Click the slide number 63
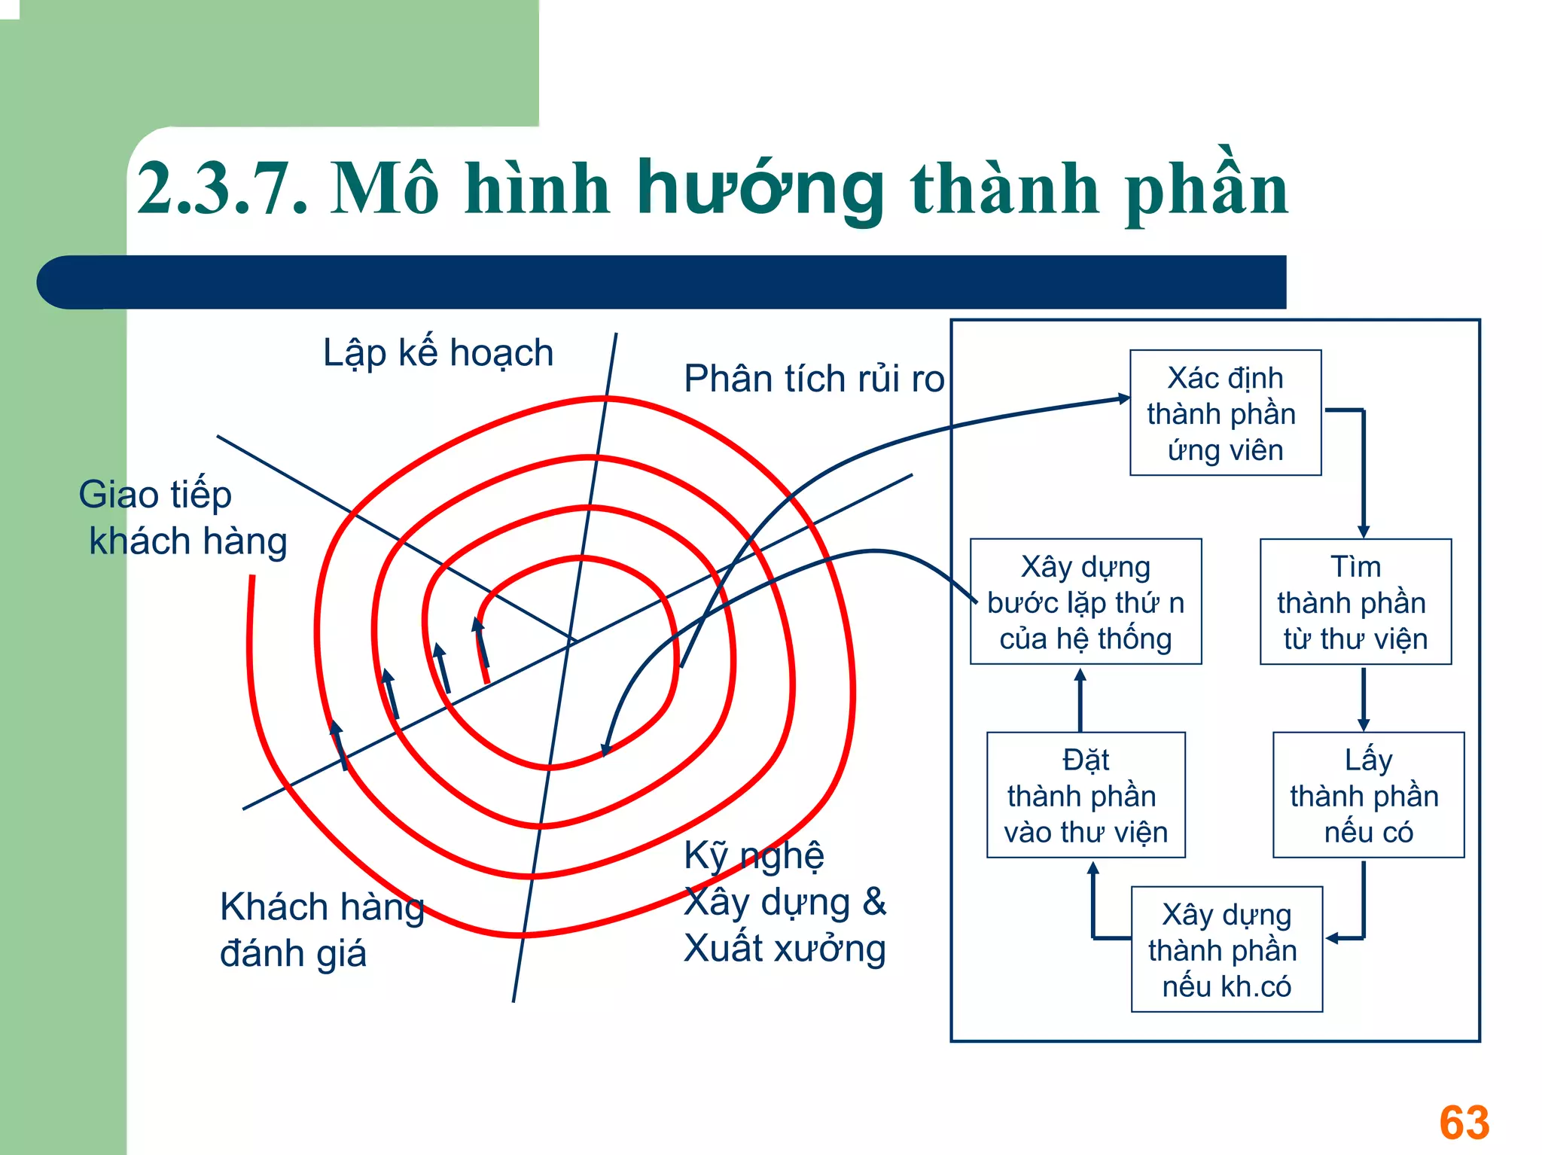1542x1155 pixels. (1464, 1122)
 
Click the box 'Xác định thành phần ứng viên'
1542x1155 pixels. (1225, 413)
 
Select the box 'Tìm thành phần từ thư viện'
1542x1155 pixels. (1355, 602)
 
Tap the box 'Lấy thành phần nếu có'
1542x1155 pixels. (1368, 795)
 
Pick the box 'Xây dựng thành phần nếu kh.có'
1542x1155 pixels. (1227, 949)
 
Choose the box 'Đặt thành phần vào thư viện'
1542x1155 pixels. (1086, 795)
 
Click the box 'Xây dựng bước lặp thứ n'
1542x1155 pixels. (1086, 602)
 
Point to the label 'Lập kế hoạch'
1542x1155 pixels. (438, 353)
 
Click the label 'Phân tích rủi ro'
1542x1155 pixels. (813, 379)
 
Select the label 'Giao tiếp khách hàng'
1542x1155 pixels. (181, 518)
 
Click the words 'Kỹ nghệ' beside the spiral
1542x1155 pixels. (754, 856)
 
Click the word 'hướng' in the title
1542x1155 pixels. (760, 190)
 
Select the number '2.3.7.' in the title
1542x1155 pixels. (223, 190)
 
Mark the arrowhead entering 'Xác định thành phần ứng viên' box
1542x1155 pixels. (1124, 398)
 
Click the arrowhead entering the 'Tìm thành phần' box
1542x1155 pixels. (1364, 531)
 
